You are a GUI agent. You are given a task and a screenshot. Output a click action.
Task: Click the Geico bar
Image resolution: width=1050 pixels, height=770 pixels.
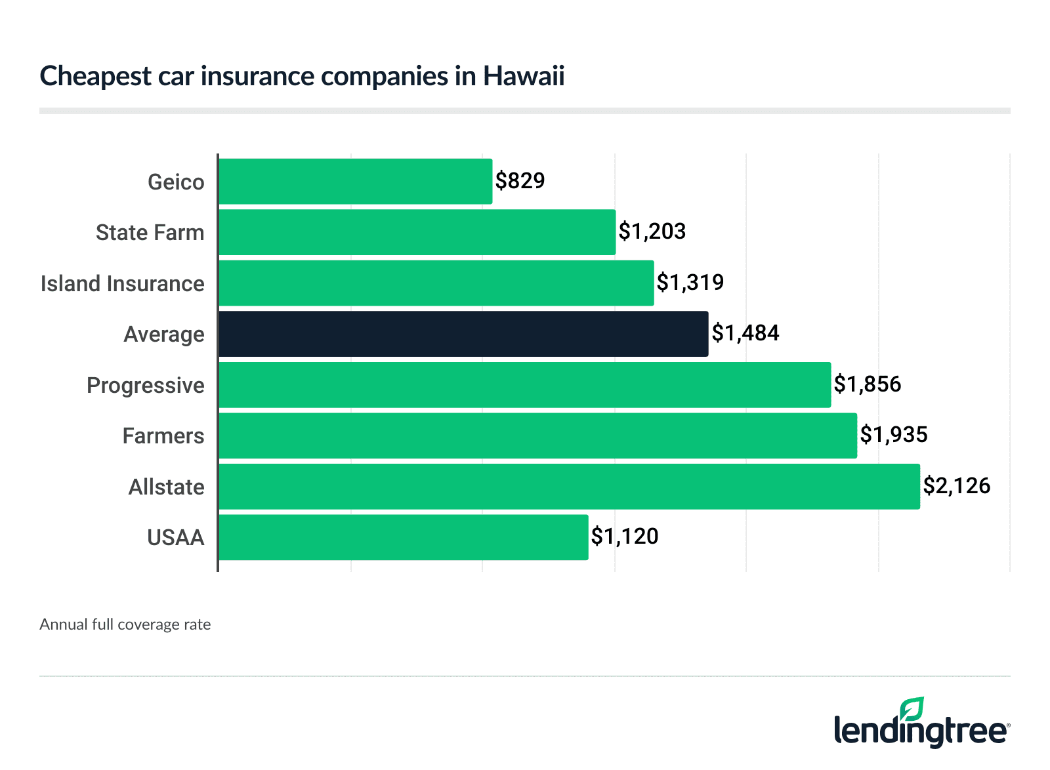tap(355, 181)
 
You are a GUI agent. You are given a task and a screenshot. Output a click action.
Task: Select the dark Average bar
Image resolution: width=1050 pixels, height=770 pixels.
tap(463, 334)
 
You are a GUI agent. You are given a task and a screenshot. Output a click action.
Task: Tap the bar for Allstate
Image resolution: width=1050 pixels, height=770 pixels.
tap(569, 487)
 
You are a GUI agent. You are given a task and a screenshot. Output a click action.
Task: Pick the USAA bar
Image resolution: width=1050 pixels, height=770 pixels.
tap(403, 537)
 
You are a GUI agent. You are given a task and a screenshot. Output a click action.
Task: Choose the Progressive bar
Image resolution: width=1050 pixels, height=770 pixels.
tap(524, 385)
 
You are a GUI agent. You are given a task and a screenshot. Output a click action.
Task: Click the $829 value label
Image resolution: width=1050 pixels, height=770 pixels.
tap(520, 180)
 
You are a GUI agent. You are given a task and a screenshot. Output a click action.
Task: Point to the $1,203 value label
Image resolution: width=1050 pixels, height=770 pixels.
tap(652, 231)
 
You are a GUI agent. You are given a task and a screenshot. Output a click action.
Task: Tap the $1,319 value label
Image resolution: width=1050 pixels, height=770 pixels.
tap(690, 282)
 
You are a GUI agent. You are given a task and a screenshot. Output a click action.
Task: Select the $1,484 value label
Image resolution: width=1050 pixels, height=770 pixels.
tap(745, 333)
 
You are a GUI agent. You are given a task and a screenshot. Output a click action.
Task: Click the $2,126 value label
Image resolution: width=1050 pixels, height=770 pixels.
tap(956, 486)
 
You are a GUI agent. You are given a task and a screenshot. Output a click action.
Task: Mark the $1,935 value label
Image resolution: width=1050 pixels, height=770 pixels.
tap(893, 435)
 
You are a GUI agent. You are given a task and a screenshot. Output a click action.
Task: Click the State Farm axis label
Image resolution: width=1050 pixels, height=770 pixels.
tap(150, 233)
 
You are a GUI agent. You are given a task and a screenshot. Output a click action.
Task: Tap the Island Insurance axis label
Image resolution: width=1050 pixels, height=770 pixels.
tap(122, 283)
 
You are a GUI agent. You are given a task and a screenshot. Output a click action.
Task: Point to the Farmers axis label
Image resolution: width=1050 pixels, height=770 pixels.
tap(163, 436)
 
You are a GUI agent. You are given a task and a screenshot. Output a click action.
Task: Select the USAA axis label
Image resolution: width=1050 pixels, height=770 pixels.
tap(175, 538)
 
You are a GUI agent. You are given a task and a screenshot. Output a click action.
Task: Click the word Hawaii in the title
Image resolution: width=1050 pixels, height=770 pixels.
tap(524, 76)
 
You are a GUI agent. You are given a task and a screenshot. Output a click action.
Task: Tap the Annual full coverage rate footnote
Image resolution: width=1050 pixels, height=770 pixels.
tap(125, 624)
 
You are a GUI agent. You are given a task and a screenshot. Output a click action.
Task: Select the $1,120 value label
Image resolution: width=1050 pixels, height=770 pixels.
tap(624, 537)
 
